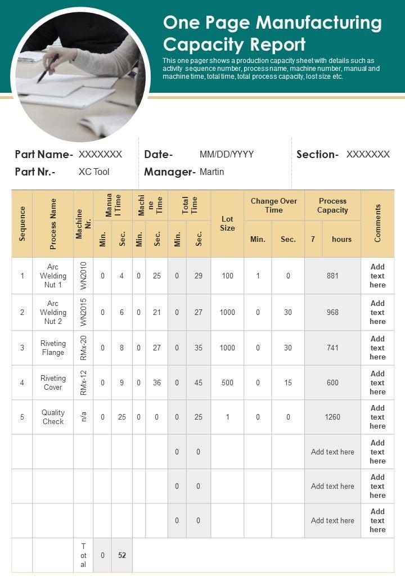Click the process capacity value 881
tap(332, 276)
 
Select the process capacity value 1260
tap(332, 417)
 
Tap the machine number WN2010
tap(83, 276)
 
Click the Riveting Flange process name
tap(53, 348)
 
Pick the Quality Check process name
tap(53, 417)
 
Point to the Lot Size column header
tap(227, 223)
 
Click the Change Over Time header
tap(274, 205)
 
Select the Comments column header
tap(377, 223)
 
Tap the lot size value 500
tap(227, 382)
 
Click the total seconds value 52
tap(122, 555)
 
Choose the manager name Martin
tap(211, 172)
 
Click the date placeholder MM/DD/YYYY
tap(227, 154)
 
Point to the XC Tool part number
tap(94, 172)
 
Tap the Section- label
tap(317, 154)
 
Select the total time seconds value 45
tap(199, 382)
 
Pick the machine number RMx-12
tap(83, 382)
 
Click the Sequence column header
tap(22, 223)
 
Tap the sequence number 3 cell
tap(22, 348)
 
